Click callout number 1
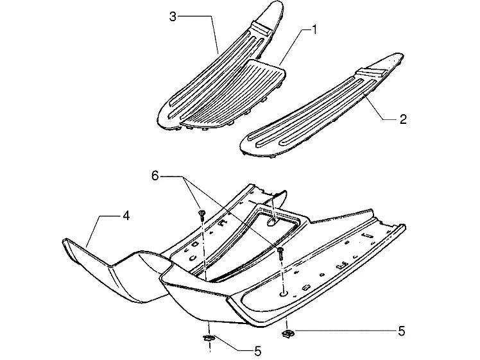pyautogui.click(x=313, y=30)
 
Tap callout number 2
pyautogui.click(x=403, y=119)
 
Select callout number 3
pyautogui.click(x=173, y=17)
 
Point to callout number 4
pyautogui.click(x=126, y=216)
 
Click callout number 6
pyautogui.click(x=155, y=176)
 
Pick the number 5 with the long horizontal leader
pyautogui.click(x=402, y=331)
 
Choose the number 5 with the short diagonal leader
pyautogui.click(x=258, y=351)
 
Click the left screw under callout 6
pyautogui.click(x=201, y=214)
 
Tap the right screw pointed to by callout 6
pyautogui.click(x=280, y=253)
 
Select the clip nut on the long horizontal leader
pyautogui.click(x=287, y=332)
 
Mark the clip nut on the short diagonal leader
pyautogui.click(x=209, y=338)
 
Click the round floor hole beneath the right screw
pyautogui.click(x=283, y=293)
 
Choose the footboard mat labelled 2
pyautogui.click(x=321, y=106)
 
